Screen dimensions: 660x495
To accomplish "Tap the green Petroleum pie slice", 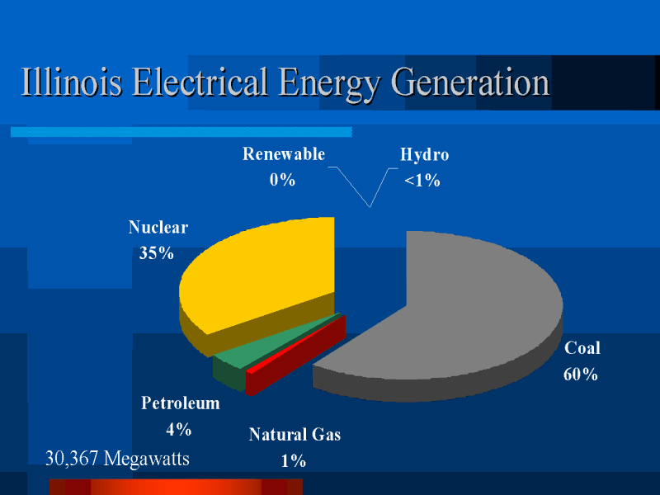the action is (261, 349).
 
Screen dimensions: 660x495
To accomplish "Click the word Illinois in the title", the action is (72, 81).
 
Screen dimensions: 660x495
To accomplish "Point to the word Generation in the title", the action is (470, 82).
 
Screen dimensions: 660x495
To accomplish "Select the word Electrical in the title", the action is (200, 81).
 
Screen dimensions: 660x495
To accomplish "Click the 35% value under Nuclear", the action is (156, 253).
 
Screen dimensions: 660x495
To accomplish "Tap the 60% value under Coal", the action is (581, 375).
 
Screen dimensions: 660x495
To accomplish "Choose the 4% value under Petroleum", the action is (178, 429).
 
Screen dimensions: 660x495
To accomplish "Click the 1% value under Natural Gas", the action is (294, 461).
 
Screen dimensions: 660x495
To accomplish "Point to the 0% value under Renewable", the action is (282, 180).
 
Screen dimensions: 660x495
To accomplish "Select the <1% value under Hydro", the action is (422, 181).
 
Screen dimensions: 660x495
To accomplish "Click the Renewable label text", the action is (284, 154).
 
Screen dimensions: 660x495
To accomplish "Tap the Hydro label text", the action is (424, 155).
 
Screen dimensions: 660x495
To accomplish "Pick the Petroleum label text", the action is (180, 403).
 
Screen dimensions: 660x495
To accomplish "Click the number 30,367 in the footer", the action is (72, 459).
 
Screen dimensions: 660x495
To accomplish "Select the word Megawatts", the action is (147, 460).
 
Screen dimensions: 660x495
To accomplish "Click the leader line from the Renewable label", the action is (349, 186).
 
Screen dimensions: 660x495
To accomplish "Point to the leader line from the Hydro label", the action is (384, 187).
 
